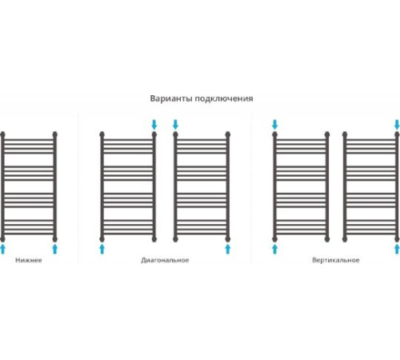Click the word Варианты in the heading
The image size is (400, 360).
pyautogui.click(x=171, y=98)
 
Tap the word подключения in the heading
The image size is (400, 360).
pyautogui.click(x=224, y=99)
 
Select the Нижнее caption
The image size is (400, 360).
pyautogui.click(x=29, y=260)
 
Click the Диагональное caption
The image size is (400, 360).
pyautogui.click(x=165, y=260)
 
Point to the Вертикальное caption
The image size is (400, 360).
pyautogui.click(x=336, y=260)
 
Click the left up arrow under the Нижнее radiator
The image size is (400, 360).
pyautogui.click(x=2, y=249)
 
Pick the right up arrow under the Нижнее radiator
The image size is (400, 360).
pyautogui.click(x=55, y=249)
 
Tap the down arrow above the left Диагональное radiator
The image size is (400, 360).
pyautogui.click(x=154, y=125)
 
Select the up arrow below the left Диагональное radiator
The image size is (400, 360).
pyautogui.click(x=102, y=249)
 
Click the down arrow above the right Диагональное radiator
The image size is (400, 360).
pyautogui.click(x=175, y=125)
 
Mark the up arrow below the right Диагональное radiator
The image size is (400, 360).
pyautogui.click(x=228, y=249)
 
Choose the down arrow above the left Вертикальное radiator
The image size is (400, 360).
pyautogui.click(x=274, y=125)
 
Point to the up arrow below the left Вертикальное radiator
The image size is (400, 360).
pyautogui.click(x=274, y=249)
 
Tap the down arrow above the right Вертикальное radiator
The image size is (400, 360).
pyautogui.click(x=397, y=125)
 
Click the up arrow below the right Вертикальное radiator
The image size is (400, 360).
pyautogui.click(x=397, y=249)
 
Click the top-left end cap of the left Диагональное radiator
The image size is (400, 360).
pyautogui.click(x=102, y=134)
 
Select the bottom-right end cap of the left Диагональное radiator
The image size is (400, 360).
pyautogui.click(x=154, y=238)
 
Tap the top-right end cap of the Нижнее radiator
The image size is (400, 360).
pyautogui.click(x=55, y=134)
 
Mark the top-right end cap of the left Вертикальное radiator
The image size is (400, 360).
pyautogui.click(x=327, y=134)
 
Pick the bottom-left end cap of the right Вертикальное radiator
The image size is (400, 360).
pyautogui.click(x=345, y=238)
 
